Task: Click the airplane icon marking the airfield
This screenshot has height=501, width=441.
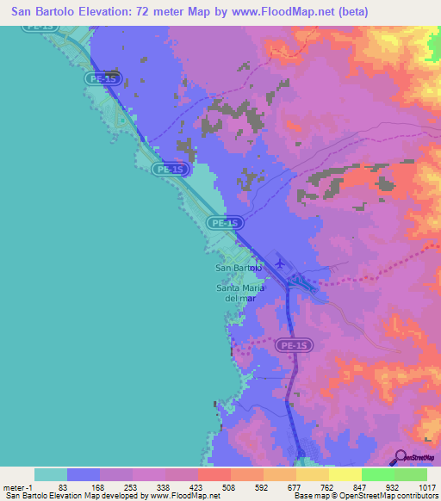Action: [x=277, y=261]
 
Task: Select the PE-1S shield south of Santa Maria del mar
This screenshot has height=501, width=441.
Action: [x=295, y=345]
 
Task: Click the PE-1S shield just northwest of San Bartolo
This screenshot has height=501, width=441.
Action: [x=223, y=223]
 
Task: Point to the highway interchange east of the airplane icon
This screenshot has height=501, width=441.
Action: [x=301, y=282]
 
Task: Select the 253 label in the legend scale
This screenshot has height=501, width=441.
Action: [x=130, y=486]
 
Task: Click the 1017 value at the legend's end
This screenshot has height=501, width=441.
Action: [x=426, y=486]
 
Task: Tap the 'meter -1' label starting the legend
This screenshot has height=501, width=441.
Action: [x=17, y=486]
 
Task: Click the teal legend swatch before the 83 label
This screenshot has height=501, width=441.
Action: [x=51, y=474]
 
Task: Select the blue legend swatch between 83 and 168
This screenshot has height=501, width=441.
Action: [x=84, y=474]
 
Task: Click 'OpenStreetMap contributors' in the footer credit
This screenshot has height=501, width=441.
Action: [x=384, y=496]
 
